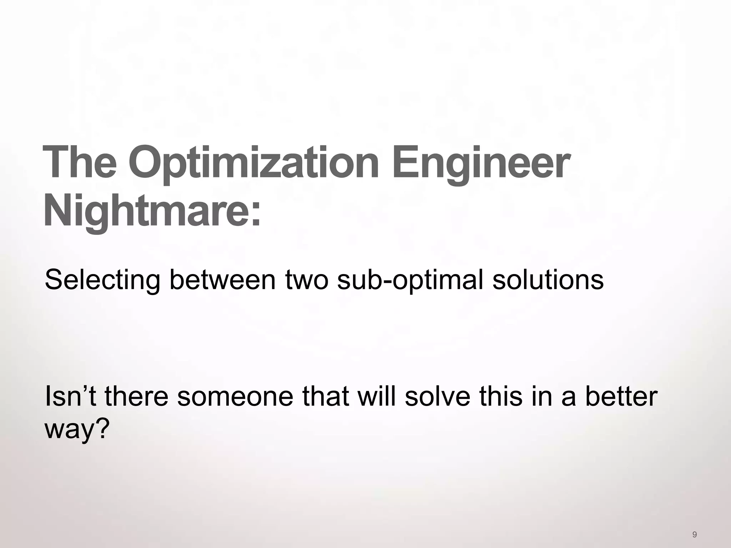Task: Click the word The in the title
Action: pos(80,162)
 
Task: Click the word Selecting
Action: pos(102,280)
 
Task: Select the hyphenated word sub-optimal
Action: pos(410,280)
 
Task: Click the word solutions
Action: pos(548,280)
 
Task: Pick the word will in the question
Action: pos(375,396)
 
